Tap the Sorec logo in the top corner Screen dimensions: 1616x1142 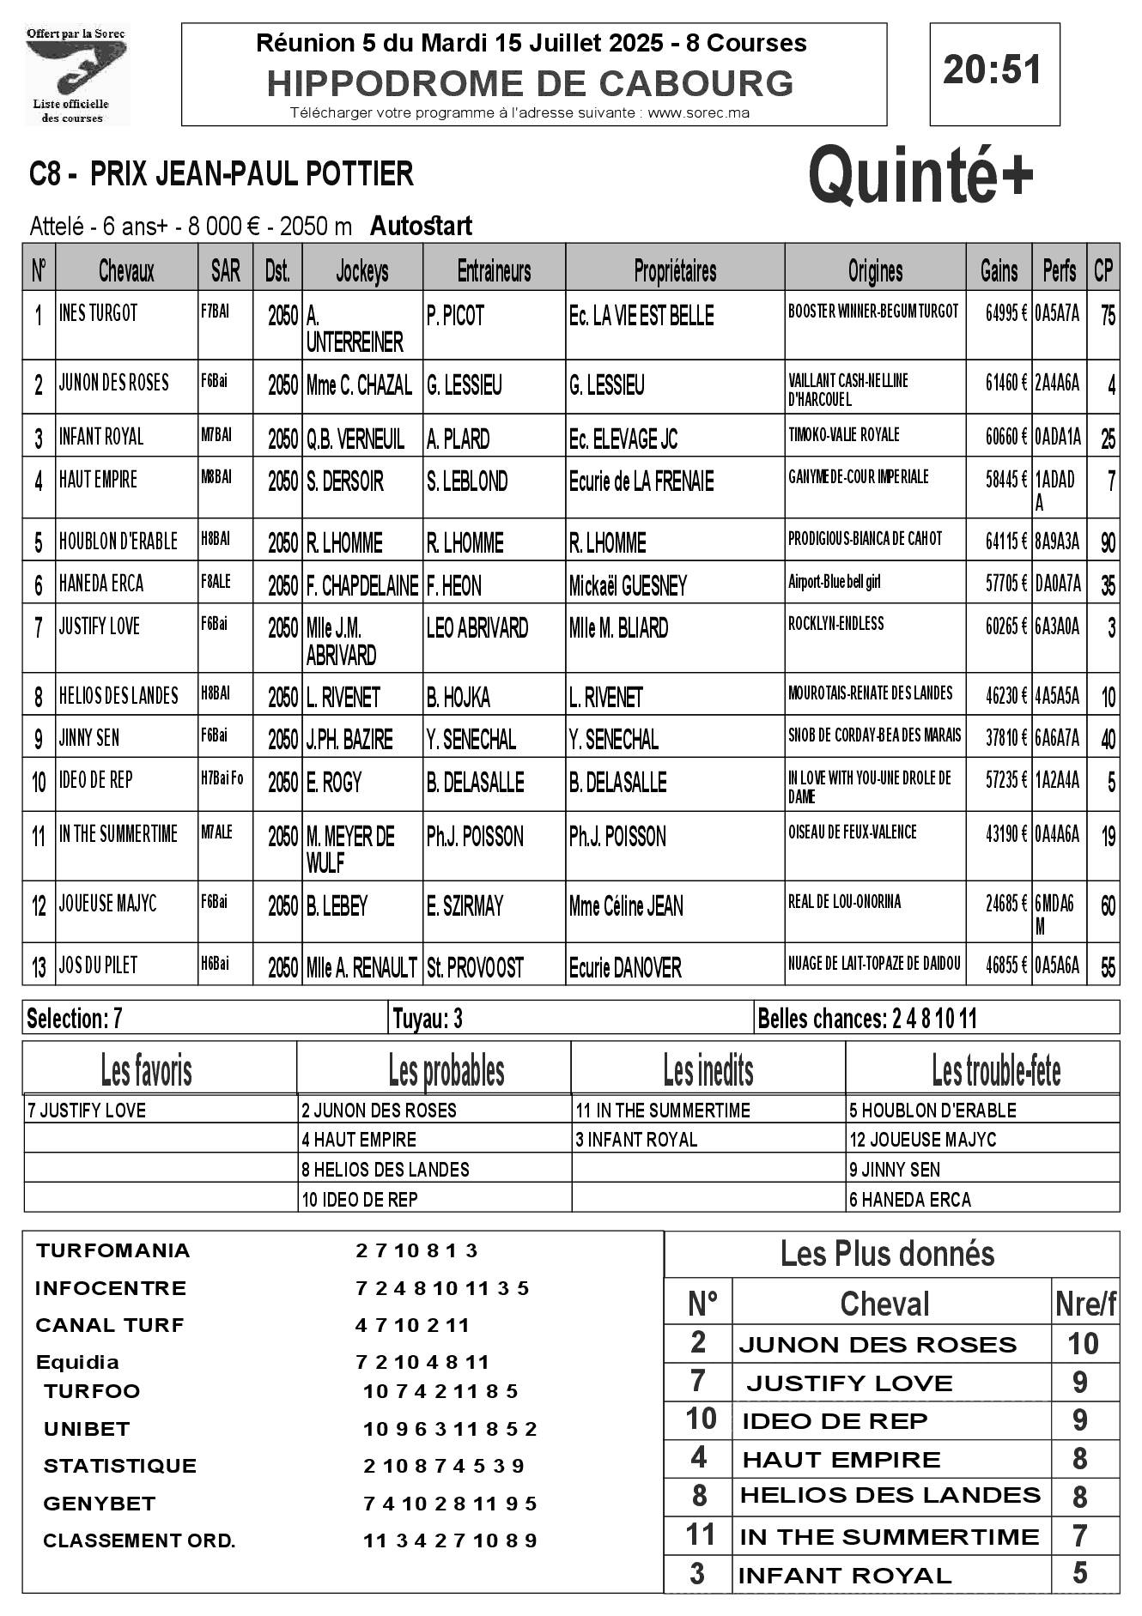tap(76, 75)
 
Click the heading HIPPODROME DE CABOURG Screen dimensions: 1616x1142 tap(530, 83)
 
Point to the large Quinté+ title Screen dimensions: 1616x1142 tap(921, 175)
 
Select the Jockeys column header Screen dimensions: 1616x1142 tap(361, 271)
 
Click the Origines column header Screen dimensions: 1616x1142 tap(875, 271)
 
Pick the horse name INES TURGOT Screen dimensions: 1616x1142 tap(98, 313)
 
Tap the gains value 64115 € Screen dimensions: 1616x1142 tap(1005, 540)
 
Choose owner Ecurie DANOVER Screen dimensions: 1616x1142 tap(624, 968)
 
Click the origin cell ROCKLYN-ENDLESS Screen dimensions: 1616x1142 tap(835, 624)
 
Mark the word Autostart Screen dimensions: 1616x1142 tap(421, 226)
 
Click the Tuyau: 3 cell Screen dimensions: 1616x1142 tap(428, 1019)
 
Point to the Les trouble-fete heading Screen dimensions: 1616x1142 tap(996, 1071)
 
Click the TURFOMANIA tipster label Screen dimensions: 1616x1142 tap(112, 1250)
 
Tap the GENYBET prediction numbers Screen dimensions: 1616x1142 tap(450, 1504)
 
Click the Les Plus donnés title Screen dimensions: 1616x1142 tap(887, 1254)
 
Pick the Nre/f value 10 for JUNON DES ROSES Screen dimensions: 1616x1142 tap(1083, 1343)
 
